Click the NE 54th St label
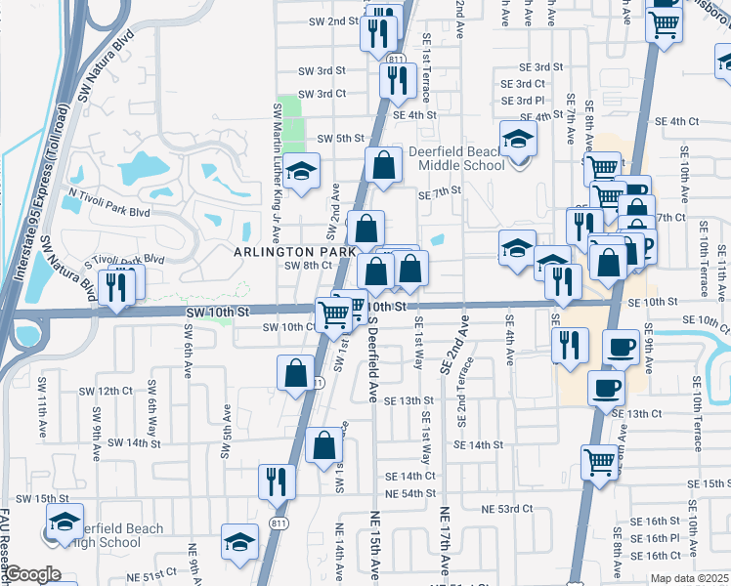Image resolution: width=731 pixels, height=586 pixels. click(x=403, y=493)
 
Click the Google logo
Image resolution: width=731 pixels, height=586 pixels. click(x=32, y=574)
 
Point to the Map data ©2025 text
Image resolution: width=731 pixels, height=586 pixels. click(x=689, y=578)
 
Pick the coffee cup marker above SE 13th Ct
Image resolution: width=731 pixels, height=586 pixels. click(x=606, y=388)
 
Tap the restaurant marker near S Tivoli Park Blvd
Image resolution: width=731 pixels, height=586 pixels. click(x=116, y=286)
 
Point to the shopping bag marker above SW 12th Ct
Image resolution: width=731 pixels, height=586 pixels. click(x=296, y=373)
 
